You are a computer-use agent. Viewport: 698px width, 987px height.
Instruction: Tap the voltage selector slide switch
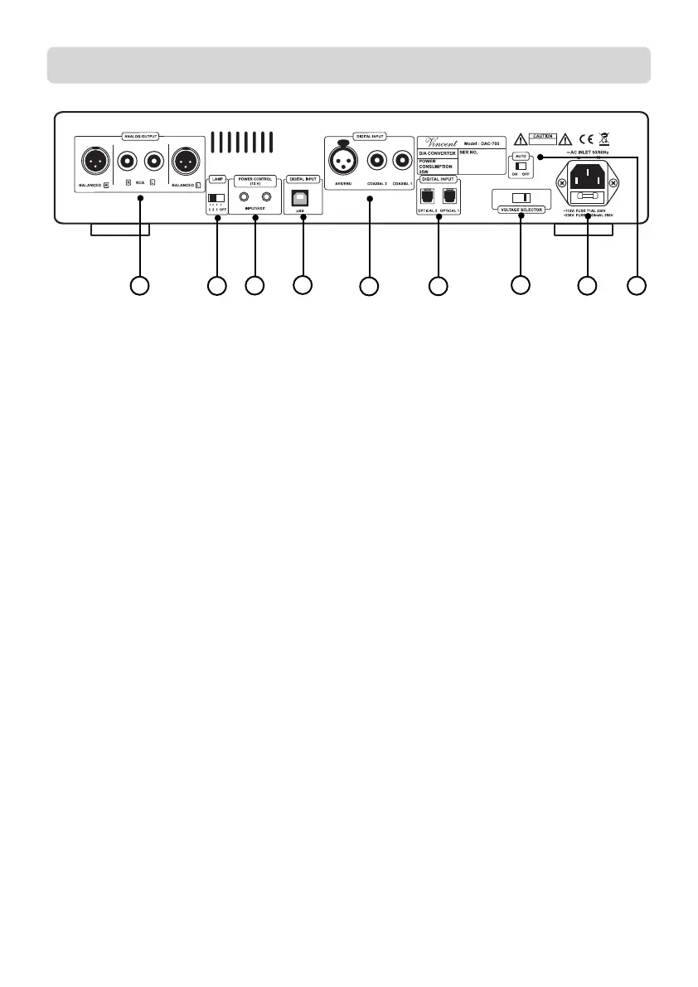520,199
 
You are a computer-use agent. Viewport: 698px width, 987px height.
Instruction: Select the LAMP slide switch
216,198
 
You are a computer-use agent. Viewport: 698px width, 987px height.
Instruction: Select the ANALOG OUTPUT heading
138,134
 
